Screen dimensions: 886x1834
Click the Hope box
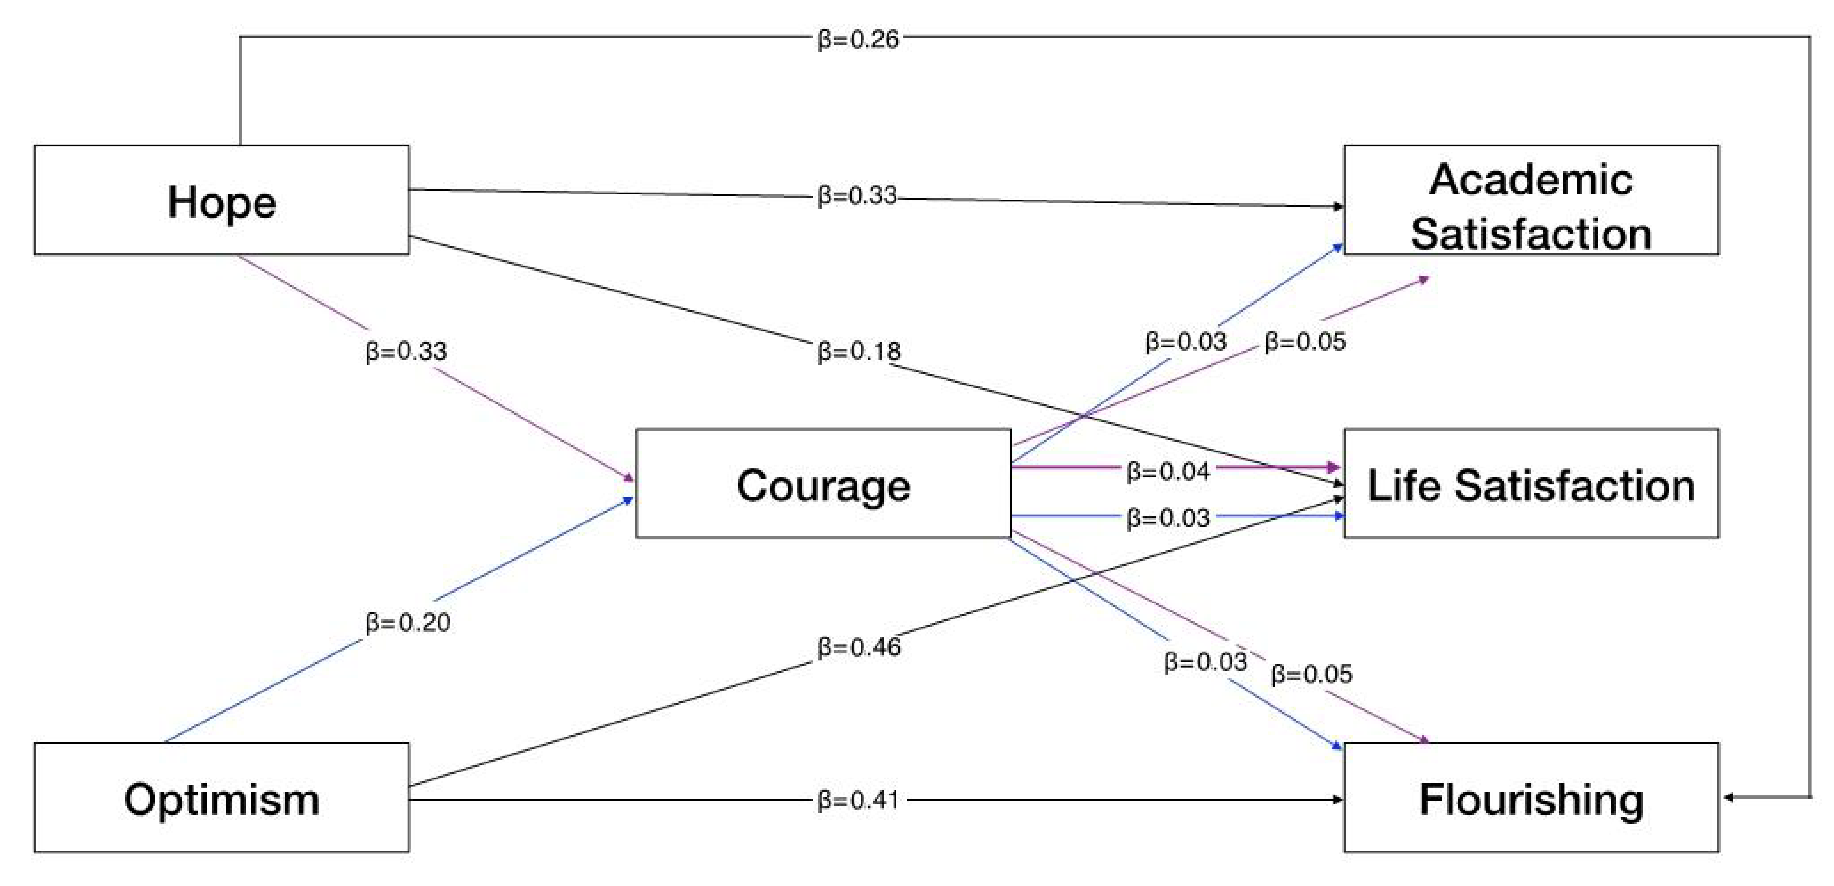221,200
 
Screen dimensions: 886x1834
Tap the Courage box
823,483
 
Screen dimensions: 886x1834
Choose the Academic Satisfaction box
1531,200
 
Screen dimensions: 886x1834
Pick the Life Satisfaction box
1531,483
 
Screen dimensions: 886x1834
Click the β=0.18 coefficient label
859,351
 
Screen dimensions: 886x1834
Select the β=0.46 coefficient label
859,647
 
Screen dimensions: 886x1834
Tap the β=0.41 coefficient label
858,800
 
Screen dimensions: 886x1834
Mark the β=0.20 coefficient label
407,623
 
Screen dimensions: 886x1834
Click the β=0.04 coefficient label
1168,471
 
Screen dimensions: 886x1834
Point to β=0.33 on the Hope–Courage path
406,351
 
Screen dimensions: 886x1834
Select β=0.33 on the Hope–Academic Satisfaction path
857,195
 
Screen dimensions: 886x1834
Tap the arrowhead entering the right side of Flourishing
1729,797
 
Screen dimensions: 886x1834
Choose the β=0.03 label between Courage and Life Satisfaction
1168,517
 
